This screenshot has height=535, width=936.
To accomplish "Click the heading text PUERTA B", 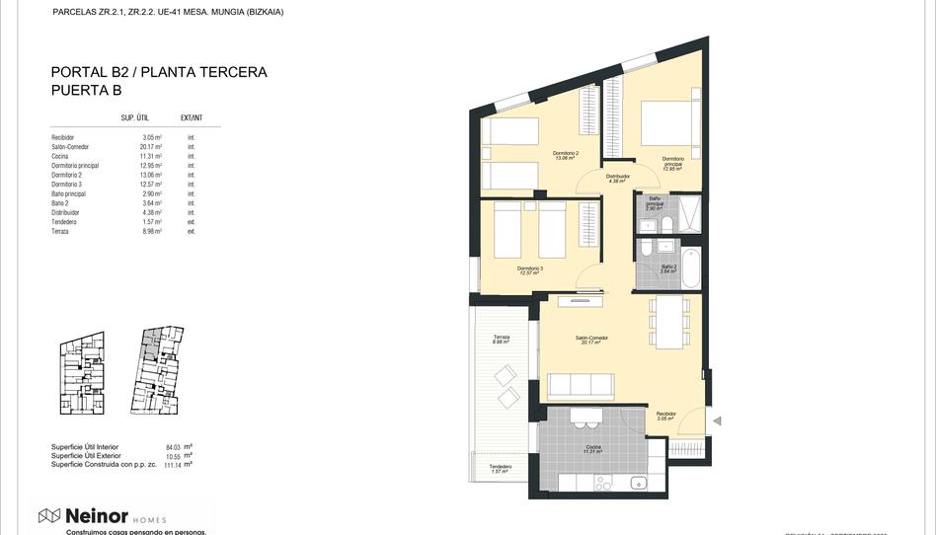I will (x=87, y=90).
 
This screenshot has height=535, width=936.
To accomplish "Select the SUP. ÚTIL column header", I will (x=134, y=117).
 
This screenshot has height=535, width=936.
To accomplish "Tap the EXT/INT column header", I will (x=192, y=117).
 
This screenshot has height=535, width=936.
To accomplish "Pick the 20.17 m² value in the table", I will (x=151, y=147).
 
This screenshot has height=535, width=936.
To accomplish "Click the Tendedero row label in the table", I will (x=64, y=222).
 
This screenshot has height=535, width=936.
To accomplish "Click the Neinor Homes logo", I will (x=102, y=516).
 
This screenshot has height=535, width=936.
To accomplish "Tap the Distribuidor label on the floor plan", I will (x=618, y=178).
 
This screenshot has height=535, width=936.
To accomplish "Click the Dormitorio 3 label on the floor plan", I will (x=530, y=269).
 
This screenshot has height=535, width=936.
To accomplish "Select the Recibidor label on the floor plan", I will (x=665, y=416).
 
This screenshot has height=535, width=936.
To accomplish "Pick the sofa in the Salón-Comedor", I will (x=581, y=384).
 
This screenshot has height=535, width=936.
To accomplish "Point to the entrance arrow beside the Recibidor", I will (x=718, y=421).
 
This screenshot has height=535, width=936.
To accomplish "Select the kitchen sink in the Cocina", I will (x=638, y=483).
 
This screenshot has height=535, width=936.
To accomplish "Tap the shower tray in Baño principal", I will (x=688, y=212).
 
